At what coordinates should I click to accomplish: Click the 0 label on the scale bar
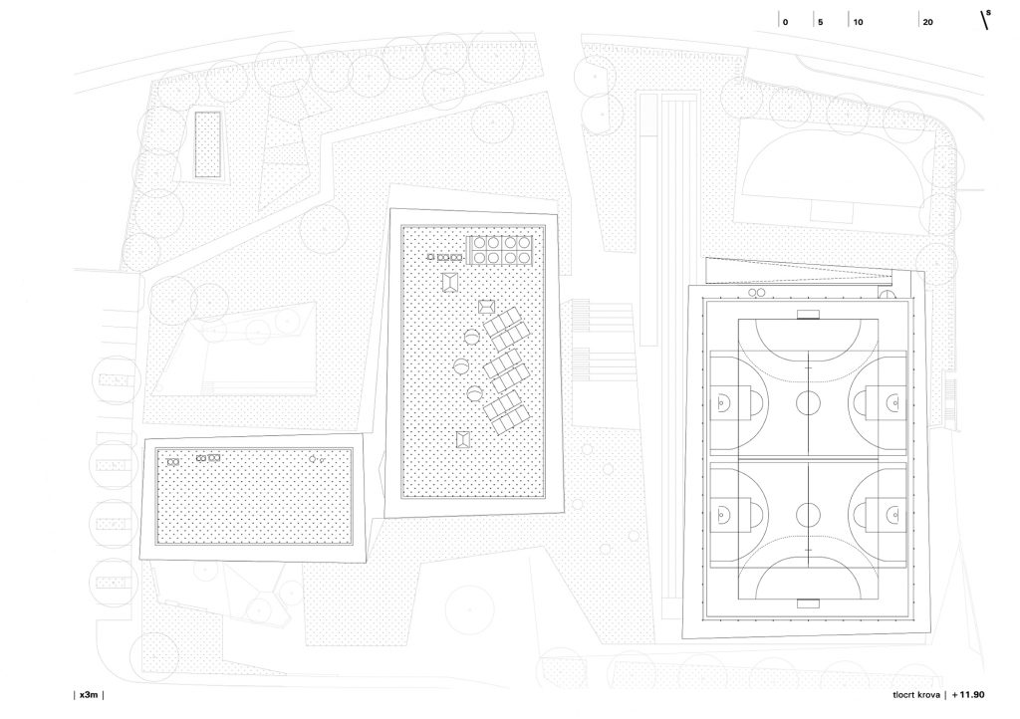click(785, 22)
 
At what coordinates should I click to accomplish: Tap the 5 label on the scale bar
click(821, 22)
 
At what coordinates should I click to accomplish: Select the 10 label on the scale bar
click(858, 22)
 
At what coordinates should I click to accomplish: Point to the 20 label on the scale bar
click(927, 22)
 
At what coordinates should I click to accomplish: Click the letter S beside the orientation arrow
click(989, 12)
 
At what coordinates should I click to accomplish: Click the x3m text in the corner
click(89, 694)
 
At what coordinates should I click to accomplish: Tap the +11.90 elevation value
click(968, 694)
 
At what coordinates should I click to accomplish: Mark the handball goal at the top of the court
click(808, 316)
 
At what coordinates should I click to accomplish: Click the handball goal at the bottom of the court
click(808, 603)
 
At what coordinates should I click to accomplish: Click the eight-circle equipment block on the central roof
click(500, 250)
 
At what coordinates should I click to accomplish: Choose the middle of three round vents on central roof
click(461, 367)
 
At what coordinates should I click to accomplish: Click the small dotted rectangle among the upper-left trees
click(207, 143)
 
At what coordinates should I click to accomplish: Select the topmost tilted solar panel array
click(505, 329)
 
